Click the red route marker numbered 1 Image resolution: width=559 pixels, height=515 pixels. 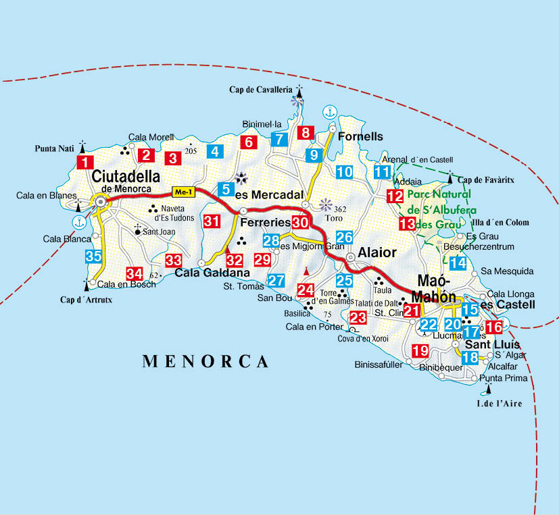85,162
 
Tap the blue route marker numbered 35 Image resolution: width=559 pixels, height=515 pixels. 94,256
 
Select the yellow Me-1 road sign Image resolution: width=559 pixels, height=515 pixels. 183,191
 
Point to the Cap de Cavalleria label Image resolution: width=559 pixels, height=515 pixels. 260,89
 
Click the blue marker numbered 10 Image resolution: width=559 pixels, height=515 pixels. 345,171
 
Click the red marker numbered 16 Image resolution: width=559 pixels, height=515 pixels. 494,327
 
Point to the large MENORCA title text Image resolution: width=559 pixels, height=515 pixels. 205,361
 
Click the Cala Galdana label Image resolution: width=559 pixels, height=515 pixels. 212,273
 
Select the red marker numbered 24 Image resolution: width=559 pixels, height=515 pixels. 306,290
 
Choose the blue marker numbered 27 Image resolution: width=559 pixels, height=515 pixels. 276,281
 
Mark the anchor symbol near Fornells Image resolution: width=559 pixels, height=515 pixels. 329,112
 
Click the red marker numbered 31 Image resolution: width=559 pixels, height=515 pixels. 212,221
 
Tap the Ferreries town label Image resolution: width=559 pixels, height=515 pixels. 266,221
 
